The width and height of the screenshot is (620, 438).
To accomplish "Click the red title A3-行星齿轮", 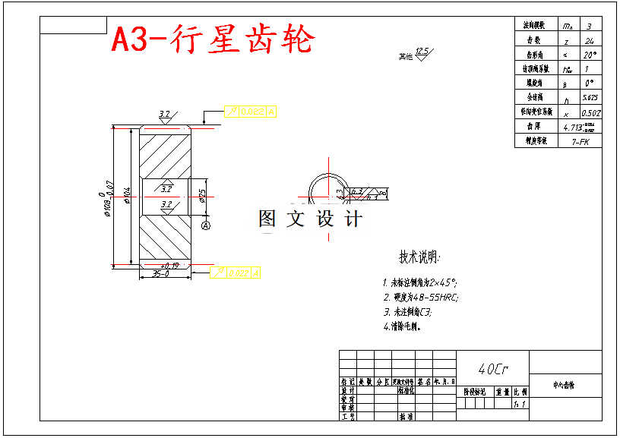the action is [x=212, y=39].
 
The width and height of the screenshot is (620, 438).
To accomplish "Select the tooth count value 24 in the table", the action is [x=589, y=40].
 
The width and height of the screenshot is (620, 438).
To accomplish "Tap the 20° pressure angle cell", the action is [x=589, y=55].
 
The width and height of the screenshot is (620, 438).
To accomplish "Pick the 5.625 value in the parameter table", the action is [x=589, y=98].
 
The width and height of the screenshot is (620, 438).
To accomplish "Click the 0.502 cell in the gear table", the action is [x=590, y=112].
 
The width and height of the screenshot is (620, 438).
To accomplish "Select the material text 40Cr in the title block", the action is [x=493, y=369].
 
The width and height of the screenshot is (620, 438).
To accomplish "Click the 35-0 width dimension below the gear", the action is [x=160, y=274].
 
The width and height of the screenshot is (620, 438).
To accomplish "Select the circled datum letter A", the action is [x=205, y=225].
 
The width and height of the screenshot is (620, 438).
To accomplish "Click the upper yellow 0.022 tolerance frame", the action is [x=250, y=112].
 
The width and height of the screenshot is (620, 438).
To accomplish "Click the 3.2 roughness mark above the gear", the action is [x=164, y=115].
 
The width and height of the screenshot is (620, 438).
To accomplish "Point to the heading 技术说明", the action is [x=419, y=257].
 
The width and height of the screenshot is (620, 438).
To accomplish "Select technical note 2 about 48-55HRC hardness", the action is [x=421, y=298].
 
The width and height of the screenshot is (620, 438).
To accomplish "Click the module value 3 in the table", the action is [x=589, y=26].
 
